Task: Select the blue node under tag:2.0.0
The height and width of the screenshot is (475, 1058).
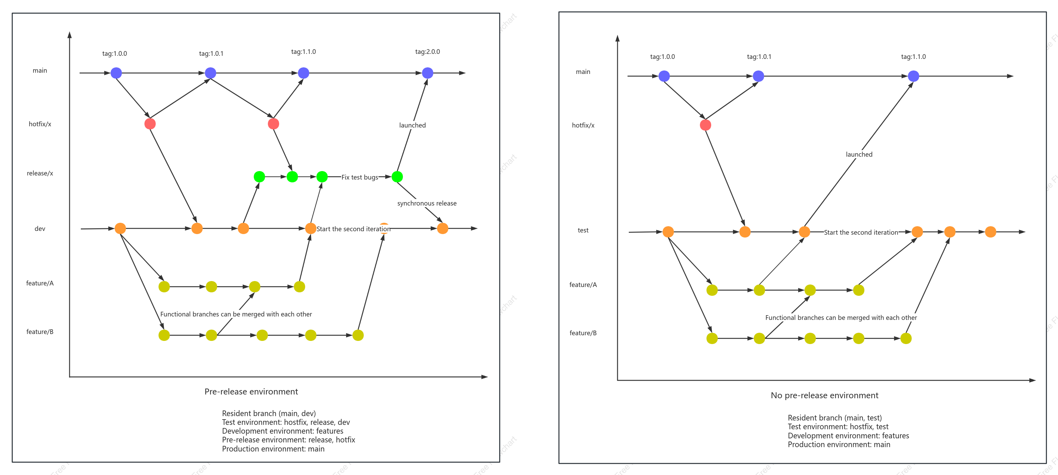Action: (x=428, y=73)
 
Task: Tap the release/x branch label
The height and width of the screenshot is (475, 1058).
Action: (x=40, y=173)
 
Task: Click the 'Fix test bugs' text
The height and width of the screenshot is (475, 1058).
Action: (x=360, y=177)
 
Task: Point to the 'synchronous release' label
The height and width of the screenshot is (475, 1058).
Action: (x=427, y=203)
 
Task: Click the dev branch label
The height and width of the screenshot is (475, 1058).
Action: (x=40, y=229)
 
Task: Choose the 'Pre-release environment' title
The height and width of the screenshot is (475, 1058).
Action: (x=251, y=392)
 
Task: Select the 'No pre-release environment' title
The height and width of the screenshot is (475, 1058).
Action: (x=824, y=395)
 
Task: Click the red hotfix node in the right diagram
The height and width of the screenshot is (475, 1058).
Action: (x=705, y=125)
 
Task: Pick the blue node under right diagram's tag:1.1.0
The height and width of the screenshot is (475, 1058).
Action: (x=914, y=76)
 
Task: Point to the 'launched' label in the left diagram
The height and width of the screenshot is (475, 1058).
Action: (x=412, y=125)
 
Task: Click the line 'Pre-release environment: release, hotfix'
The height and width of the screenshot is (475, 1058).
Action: (x=288, y=440)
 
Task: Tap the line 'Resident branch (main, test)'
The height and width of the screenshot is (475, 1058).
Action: (x=835, y=418)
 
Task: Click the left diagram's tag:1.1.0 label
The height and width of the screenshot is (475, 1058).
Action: (x=304, y=52)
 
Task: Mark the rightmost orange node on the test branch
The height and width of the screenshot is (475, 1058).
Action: (x=990, y=232)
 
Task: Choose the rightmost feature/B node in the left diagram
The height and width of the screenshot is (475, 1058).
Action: (x=358, y=335)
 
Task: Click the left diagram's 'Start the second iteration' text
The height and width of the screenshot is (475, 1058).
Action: (x=353, y=229)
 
